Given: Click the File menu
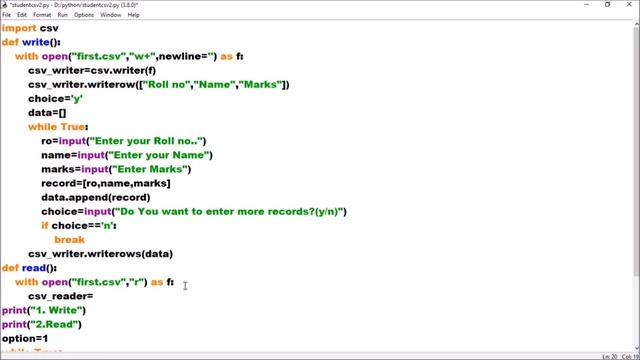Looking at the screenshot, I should (6, 15).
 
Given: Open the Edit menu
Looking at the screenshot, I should (21, 15).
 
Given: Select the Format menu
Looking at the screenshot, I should (42, 15).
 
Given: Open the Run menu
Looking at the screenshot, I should (63, 15).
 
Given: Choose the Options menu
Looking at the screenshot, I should (84, 15).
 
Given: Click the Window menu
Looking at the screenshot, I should (110, 15).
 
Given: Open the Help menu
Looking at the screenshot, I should (134, 15).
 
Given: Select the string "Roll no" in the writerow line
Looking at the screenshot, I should (172, 84).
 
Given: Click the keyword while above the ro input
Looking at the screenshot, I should (41, 127).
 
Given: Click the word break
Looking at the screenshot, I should (69, 240).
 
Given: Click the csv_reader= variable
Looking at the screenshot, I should (60, 296).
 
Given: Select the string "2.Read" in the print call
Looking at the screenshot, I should (57, 324).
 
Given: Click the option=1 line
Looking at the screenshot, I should (24, 339).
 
